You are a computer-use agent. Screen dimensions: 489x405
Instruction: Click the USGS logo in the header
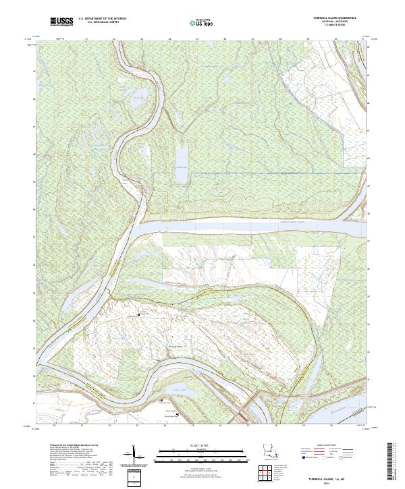tap(61, 22)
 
